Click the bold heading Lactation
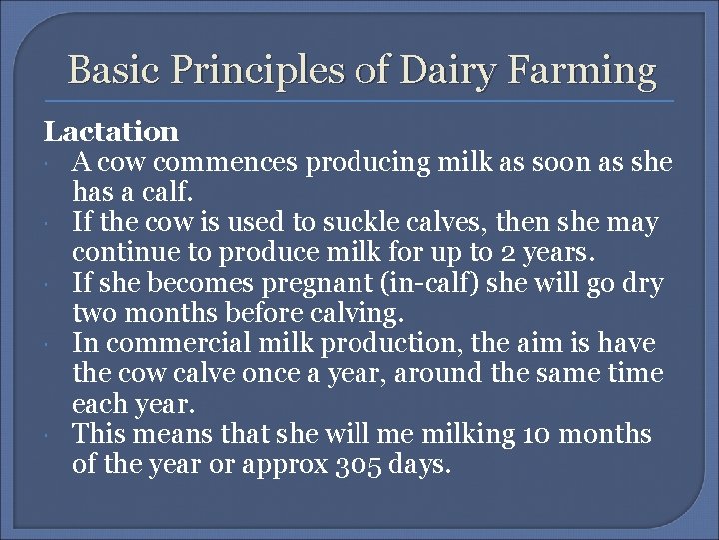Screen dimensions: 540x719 tap(110, 132)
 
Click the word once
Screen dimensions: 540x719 tap(293, 373)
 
